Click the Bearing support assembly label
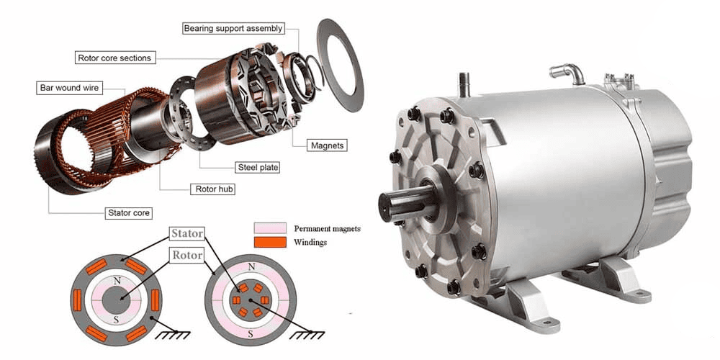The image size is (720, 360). coord(233,29)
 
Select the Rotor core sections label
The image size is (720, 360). coord(114,58)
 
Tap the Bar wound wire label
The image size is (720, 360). coord(69,88)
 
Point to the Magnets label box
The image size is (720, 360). coord(327,145)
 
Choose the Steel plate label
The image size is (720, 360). coord(258,167)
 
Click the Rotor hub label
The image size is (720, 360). coord(212,189)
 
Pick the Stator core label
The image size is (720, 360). coord(129,213)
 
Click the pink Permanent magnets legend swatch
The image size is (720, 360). coord(270,228)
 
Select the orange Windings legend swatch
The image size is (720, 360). coord(270,242)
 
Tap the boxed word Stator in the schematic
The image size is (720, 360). coord(187,234)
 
